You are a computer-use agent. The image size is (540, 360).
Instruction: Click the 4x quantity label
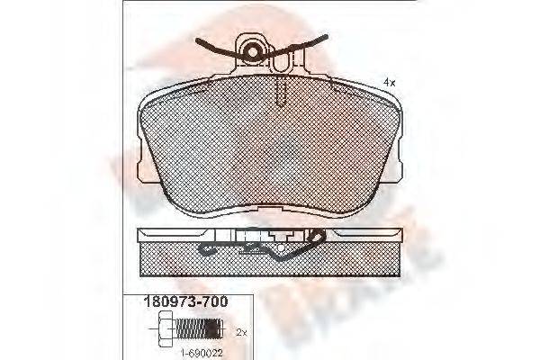389,82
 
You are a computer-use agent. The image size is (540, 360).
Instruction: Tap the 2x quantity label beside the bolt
240,332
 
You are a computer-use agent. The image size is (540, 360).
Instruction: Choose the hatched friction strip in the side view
269,260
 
